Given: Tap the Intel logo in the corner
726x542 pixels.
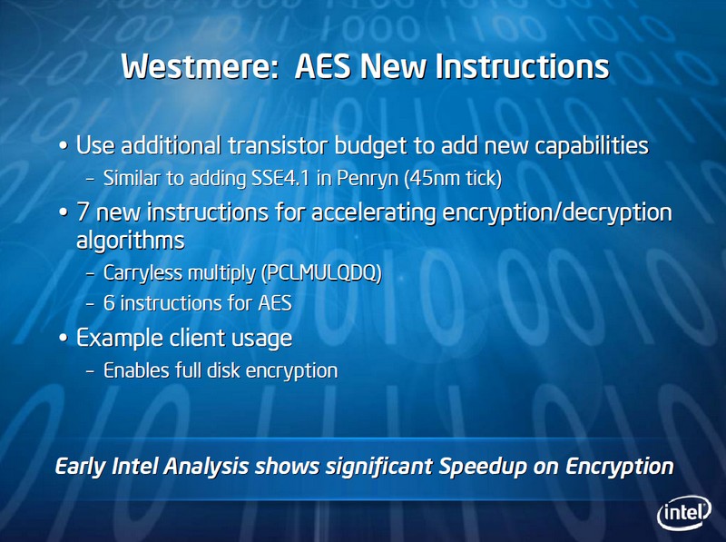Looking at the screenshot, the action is click(684, 513).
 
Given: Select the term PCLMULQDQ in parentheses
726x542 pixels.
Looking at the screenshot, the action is click(322, 273).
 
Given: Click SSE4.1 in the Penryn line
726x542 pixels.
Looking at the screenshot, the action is click(280, 178).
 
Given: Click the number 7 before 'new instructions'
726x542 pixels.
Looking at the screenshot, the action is click(83, 212).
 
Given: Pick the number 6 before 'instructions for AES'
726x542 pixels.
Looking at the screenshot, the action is click(109, 303).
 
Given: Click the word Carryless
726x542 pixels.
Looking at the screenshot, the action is click(142, 273).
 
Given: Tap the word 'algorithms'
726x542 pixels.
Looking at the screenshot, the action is click(130, 241).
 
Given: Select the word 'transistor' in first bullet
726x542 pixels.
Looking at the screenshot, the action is click(278, 145).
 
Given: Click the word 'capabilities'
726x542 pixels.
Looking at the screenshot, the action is click(592, 146).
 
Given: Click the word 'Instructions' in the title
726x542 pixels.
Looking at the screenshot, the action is click(522, 65).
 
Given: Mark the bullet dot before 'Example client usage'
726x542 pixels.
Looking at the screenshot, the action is click(64, 338).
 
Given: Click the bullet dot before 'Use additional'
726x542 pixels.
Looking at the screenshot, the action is click(64, 145).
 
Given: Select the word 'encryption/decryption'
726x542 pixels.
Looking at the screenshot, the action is click(557, 212).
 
